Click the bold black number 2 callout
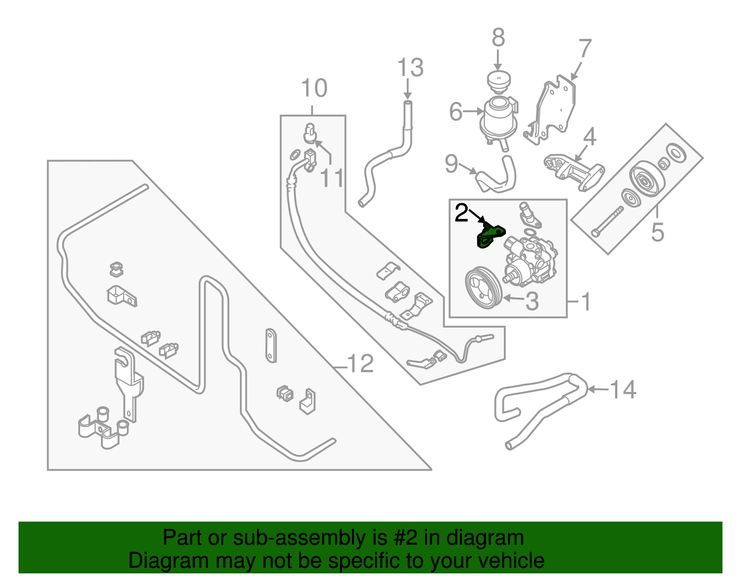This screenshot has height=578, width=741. [461, 213]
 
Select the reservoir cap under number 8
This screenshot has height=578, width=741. [499, 82]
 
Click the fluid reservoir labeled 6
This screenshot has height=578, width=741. [498, 118]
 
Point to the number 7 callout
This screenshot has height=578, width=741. [585, 49]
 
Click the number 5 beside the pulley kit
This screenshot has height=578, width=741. [657, 231]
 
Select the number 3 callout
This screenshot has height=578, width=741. [532, 301]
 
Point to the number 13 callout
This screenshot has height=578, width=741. [410, 68]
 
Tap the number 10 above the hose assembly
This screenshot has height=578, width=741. [314, 88]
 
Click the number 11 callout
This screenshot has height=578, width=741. [332, 178]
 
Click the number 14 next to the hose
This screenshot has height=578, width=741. [623, 390]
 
